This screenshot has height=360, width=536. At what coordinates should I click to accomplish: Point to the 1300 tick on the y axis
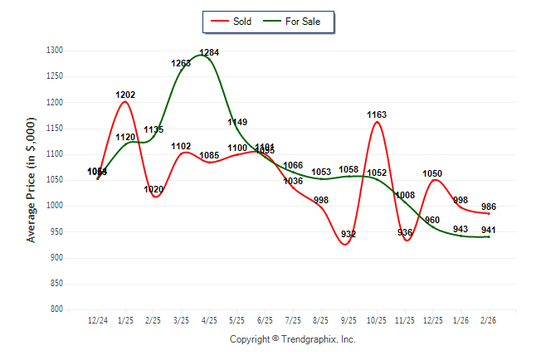[x=54, y=51]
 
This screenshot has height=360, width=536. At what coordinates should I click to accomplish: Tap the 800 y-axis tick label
[x=56, y=309]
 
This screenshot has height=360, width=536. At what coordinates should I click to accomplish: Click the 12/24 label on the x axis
[x=98, y=319]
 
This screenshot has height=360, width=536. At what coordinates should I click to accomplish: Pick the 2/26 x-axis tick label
[x=488, y=319]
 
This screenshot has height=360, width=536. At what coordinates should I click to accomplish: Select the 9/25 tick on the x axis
[x=348, y=319]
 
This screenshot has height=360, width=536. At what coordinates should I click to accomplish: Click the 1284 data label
[x=209, y=52]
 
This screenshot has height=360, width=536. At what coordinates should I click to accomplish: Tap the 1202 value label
[x=125, y=95]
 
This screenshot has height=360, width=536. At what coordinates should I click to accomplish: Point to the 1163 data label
[x=377, y=114]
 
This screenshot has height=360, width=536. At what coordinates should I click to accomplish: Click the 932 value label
[x=348, y=234]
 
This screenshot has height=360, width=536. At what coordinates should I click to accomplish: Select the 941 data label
[x=488, y=230]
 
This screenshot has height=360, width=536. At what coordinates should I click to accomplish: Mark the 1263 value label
[x=181, y=63]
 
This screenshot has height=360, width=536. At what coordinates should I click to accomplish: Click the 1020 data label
[x=153, y=189]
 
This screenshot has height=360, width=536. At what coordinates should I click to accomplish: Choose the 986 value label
[x=488, y=207]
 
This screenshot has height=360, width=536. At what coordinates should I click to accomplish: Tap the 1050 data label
[x=432, y=173]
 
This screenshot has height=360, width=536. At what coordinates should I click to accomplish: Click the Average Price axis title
[x=32, y=179]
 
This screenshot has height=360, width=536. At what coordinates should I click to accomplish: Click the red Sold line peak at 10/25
[x=377, y=123]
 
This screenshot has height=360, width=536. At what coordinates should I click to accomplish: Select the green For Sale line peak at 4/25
[x=203, y=56]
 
